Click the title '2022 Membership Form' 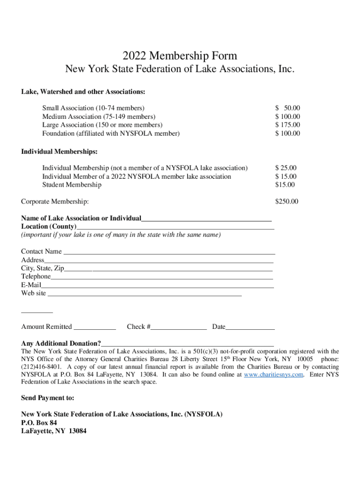pos(180,56)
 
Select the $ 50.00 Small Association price pos(288,108)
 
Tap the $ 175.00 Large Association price pos(288,125)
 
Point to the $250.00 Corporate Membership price pos(287,202)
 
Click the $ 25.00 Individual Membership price pos(286,168)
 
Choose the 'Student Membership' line pos(72,185)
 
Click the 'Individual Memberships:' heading pos(59,152)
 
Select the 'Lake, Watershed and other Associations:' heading pos(83,91)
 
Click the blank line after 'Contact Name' pos(169,252)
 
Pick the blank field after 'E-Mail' pos(157,285)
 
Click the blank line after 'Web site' pos(144,294)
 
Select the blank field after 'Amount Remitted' pos(95,327)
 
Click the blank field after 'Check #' pos(179,327)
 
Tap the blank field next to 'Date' pos(250,327)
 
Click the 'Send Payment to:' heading pos(48,398)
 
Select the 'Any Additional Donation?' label pos(61,343)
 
